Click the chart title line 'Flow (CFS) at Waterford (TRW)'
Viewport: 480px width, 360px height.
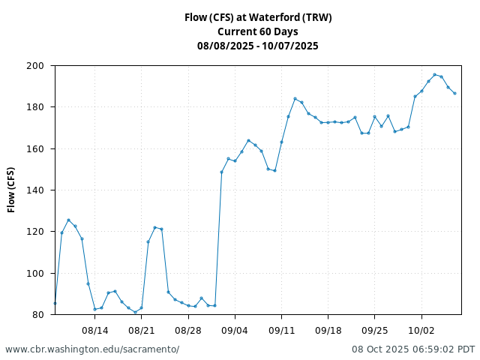pos(258,17)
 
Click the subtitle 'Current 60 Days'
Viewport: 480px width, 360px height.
pos(258,31)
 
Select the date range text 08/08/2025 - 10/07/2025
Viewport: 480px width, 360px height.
pos(258,46)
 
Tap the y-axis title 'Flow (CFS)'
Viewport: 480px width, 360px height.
pos(12,190)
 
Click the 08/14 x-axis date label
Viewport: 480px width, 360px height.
pos(95,330)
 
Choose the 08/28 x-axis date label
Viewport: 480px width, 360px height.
pos(188,330)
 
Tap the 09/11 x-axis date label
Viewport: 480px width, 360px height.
pos(281,330)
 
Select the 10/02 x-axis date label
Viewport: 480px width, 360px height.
pos(421,330)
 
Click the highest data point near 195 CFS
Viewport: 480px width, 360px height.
pos(435,75)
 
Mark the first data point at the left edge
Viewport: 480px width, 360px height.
pos(55,303)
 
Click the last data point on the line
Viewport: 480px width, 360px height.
pos(454,93)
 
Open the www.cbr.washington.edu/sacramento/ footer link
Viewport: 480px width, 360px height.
pos(92,349)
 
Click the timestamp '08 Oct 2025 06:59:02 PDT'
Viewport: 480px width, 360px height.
pos(413,349)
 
